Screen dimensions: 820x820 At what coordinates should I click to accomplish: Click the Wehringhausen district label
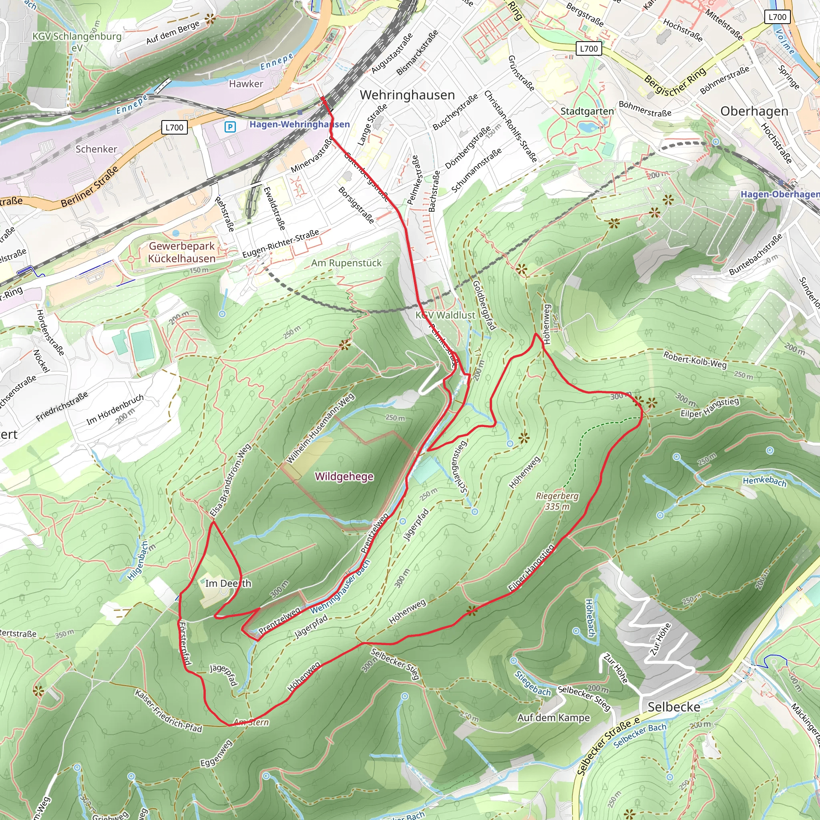point(407,95)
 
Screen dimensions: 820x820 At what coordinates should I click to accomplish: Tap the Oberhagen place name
point(754,111)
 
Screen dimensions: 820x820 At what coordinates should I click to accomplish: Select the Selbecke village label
point(674,707)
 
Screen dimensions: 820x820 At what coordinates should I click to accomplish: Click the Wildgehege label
point(344,476)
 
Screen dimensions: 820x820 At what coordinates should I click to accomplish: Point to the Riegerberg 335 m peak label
point(557,501)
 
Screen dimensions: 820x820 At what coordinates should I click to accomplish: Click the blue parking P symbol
point(230,127)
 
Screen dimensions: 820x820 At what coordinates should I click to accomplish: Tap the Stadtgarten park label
point(587,111)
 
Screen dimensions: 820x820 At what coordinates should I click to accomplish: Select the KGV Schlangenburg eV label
point(77,42)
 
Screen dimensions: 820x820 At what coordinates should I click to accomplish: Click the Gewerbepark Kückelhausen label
point(182,252)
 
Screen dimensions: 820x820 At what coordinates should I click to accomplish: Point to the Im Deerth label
point(228,584)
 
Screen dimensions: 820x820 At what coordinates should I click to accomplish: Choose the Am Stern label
point(251,722)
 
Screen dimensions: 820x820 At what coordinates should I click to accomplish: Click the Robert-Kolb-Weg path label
point(695,360)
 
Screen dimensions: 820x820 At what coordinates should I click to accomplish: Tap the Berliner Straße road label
point(89,187)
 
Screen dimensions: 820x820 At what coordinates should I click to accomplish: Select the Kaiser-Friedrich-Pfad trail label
point(168,711)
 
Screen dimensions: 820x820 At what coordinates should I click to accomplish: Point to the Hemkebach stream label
point(764,481)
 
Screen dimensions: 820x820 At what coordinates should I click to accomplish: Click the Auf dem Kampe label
point(553,718)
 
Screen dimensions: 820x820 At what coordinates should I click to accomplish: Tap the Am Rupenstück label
point(346,263)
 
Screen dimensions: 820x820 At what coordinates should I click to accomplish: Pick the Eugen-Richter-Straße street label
point(281,243)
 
